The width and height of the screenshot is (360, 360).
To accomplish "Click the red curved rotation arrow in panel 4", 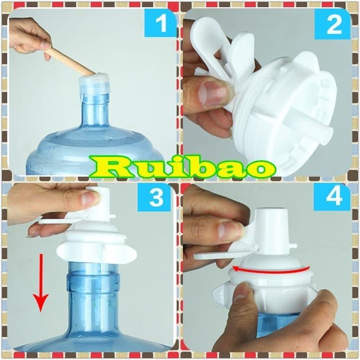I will [270, 270].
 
